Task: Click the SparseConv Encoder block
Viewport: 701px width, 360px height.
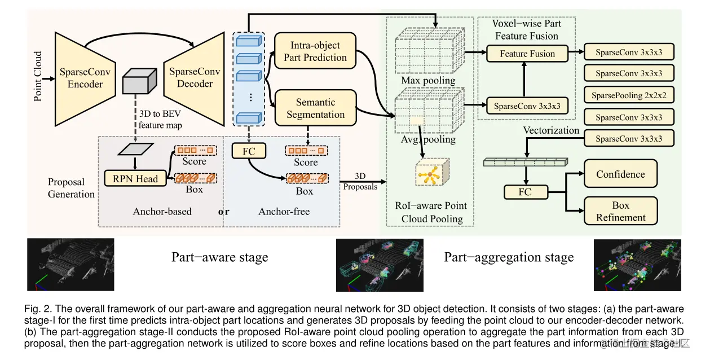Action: tap(85, 78)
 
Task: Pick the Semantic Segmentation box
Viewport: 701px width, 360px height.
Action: tap(315, 108)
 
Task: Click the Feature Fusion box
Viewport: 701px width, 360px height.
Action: tap(527, 54)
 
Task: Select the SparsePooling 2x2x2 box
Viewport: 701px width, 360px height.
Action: tap(629, 95)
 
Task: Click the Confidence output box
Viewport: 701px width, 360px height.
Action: tap(620, 174)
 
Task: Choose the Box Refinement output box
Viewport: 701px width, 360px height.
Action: tap(620, 212)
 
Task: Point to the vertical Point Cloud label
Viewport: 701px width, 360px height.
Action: tap(38, 76)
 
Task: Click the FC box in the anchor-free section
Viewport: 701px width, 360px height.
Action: tap(249, 151)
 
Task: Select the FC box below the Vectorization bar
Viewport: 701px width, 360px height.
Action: tap(524, 192)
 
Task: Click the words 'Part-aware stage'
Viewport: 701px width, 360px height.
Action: tap(219, 258)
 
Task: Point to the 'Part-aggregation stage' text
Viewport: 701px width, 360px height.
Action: tap(509, 258)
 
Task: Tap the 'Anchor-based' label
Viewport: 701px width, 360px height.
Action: tap(162, 212)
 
